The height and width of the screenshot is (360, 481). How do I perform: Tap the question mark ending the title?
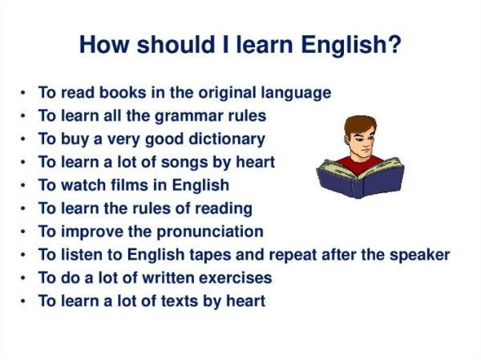point(394,44)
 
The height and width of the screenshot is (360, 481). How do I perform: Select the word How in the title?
point(101,44)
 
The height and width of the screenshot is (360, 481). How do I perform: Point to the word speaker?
point(418,256)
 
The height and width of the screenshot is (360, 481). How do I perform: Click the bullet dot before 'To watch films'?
point(25,186)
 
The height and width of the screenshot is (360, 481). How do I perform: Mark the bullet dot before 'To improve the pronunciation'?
point(25,233)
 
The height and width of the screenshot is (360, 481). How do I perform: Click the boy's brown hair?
point(358,124)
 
